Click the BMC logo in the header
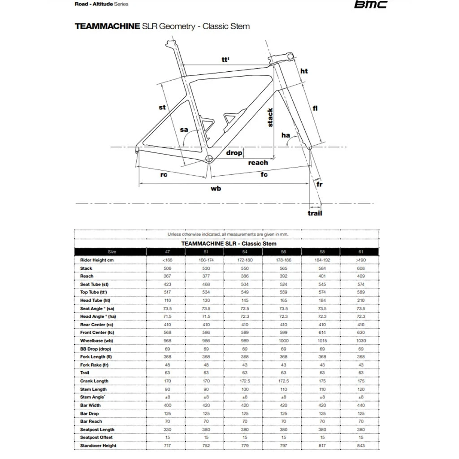click(370, 5)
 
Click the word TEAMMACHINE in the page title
click(107, 26)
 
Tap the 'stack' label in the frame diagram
click(270, 117)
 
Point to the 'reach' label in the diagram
click(258, 163)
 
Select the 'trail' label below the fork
click(315, 213)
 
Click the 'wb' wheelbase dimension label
click(216, 189)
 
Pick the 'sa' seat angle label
click(184, 130)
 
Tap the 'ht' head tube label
click(304, 71)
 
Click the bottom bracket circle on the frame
click(208, 159)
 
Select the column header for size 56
click(283, 252)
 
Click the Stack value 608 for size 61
click(361, 268)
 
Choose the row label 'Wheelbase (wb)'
click(95, 341)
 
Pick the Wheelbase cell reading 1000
click(283, 341)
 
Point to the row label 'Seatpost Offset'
click(96, 437)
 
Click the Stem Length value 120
click(361, 389)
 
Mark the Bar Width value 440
click(361, 405)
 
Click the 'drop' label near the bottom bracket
click(234, 153)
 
